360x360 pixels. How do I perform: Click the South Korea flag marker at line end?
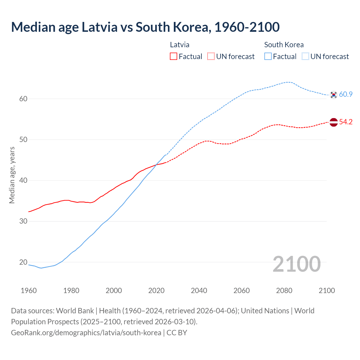pos(333,95)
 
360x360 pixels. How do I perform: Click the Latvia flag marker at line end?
pos(333,122)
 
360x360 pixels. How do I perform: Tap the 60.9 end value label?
pos(346,94)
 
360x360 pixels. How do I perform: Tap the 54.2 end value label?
pos(346,122)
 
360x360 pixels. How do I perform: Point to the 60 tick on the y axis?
pos(23,99)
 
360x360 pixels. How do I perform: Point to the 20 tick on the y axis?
pos(23,262)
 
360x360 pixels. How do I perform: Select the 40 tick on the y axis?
pos(23,180)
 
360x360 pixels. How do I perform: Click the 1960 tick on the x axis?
pos(29,291)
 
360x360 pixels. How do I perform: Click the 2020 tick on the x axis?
pos(156,291)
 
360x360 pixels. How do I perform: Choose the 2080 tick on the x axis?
pos(284,291)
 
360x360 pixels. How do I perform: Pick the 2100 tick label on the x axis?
pos(327,291)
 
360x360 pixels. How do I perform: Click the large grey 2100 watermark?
pos(296,264)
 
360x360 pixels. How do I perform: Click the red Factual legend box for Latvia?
pos(174,57)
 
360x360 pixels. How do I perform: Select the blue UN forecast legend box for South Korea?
pos(305,57)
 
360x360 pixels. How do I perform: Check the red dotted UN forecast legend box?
pos(211,57)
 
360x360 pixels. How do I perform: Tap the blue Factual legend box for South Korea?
pos(268,57)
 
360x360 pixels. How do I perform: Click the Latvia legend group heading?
pos(180,45)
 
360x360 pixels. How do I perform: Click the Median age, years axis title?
pos(12,175)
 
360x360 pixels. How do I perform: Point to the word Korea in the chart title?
pos(190,27)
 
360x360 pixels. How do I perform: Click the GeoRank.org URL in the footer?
pos(86,333)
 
